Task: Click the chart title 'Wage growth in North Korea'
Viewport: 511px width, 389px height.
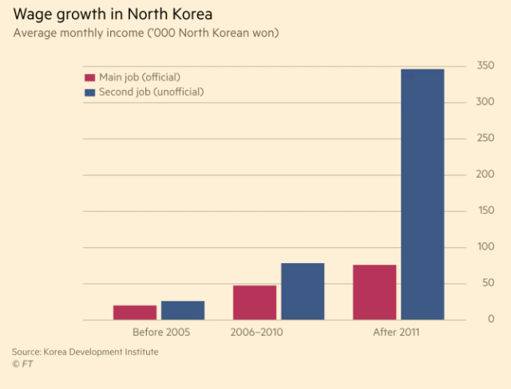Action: [x=112, y=15]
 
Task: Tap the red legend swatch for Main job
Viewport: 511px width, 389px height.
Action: [x=89, y=77]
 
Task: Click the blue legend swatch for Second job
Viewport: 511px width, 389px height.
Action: [x=89, y=92]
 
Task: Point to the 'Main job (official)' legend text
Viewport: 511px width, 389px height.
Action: [x=140, y=77]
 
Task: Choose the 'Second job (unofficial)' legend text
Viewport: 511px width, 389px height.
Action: [x=151, y=92]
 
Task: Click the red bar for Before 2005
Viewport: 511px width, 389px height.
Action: [x=135, y=312]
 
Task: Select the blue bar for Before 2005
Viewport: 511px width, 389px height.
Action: [x=183, y=310]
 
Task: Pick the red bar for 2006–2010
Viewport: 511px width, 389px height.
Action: [x=255, y=302]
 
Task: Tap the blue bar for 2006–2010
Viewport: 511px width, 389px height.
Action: [x=303, y=291]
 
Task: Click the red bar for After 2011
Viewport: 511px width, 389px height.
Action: [x=374, y=292]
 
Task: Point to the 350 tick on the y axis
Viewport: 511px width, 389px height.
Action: [x=485, y=65]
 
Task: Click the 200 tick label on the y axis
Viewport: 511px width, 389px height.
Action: [x=485, y=175]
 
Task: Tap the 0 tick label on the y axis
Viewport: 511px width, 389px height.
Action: [x=490, y=320]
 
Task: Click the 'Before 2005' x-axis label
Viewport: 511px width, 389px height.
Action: [x=160, y=332]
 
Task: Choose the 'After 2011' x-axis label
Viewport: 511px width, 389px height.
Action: [x=397, y=332]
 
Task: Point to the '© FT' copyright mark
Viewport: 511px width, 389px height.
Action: [x=22, y=364]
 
